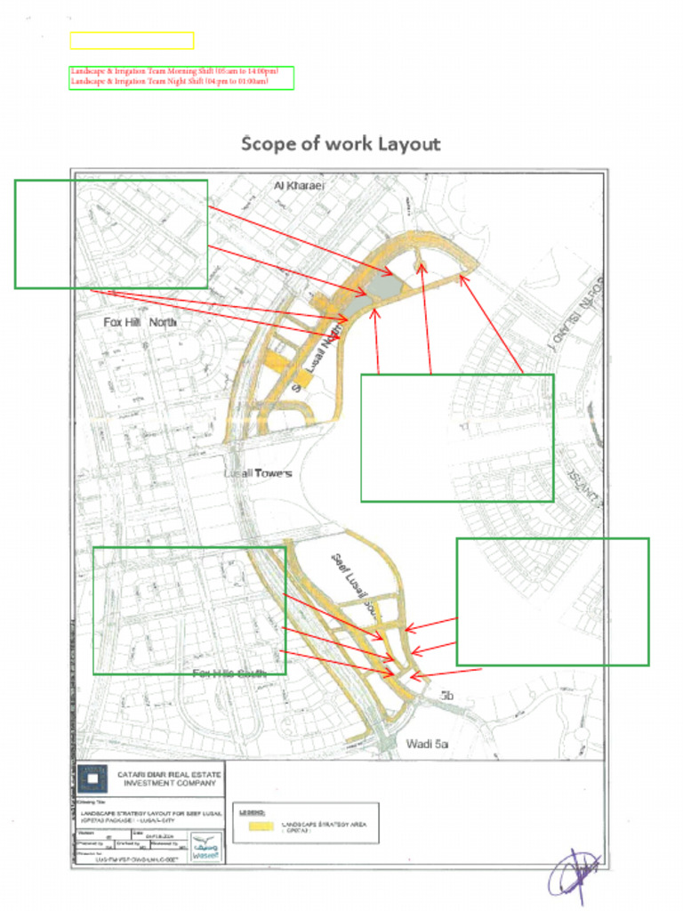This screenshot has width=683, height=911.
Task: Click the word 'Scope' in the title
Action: tap(271, 144)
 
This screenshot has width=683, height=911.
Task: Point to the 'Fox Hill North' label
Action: tap(141, 322)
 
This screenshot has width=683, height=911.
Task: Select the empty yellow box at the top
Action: tap(132, 41)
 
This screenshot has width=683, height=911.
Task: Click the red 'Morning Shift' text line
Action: tap(174, 71)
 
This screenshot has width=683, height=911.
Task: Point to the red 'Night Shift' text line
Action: tap(168, 81)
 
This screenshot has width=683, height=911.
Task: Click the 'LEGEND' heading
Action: tap(252, 812)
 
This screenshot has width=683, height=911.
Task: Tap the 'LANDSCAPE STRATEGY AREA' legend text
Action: tap(324, 825)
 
